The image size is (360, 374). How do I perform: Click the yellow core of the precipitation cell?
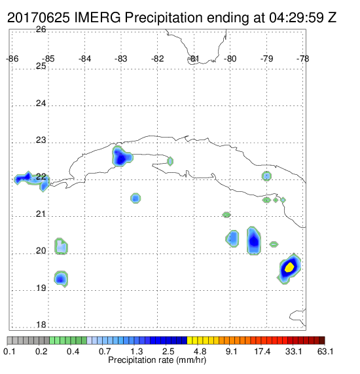[289, 267]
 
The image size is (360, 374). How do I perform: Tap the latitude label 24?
[41, 103]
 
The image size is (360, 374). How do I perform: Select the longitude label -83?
[120, 59]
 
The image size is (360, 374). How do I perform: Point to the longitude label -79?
[266, 59]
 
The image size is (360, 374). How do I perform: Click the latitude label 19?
[41, 288]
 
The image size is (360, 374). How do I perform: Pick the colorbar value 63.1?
[325, 351]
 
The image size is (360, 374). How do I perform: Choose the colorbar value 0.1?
[9, 351]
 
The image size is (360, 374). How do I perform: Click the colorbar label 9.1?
[231, 351]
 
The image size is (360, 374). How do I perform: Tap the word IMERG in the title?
[98, 18]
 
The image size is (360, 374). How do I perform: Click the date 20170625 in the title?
[39, 18]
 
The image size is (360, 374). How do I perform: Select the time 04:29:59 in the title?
[297, 18]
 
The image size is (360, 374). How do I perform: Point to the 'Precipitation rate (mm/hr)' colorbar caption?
[157, 360]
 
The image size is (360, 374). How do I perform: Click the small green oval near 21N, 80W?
[226, 215]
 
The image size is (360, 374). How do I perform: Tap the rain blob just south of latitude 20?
[61, 278]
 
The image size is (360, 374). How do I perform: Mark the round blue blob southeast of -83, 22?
[135, 198]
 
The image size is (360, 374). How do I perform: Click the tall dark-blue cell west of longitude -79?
[254, 240]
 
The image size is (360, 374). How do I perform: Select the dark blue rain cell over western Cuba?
[122, 157]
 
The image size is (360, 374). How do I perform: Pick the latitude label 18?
[41, 325]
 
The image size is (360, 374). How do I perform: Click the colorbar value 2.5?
[168, 351]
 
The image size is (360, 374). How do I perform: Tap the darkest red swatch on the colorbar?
[322, 341]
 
